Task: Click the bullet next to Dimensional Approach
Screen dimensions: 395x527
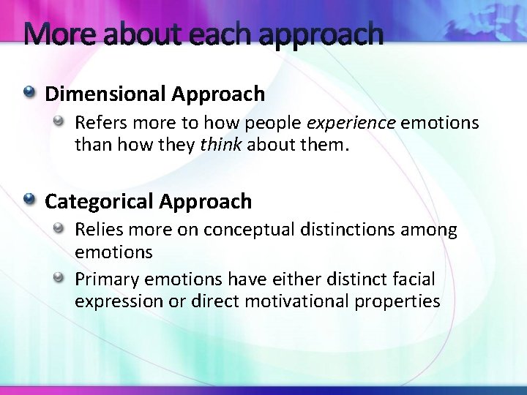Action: (29, 93)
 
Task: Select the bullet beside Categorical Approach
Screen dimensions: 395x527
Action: (29, 200)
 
